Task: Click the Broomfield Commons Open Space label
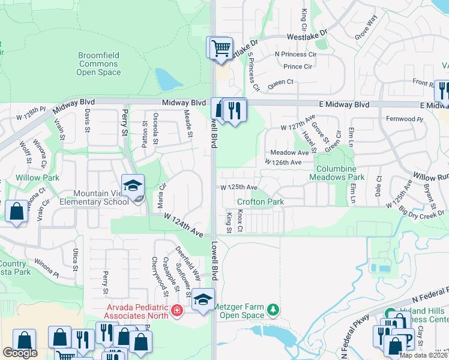pos(98,64)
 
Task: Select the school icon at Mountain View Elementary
pos(133,185)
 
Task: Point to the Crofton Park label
pos(261,202)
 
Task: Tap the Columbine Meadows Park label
pos(340,173)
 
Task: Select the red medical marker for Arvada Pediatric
pos(176,310)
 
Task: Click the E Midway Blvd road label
pos(344,104)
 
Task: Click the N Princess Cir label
pos(295,55)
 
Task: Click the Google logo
pos(19,353)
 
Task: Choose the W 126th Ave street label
pos(283,162)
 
